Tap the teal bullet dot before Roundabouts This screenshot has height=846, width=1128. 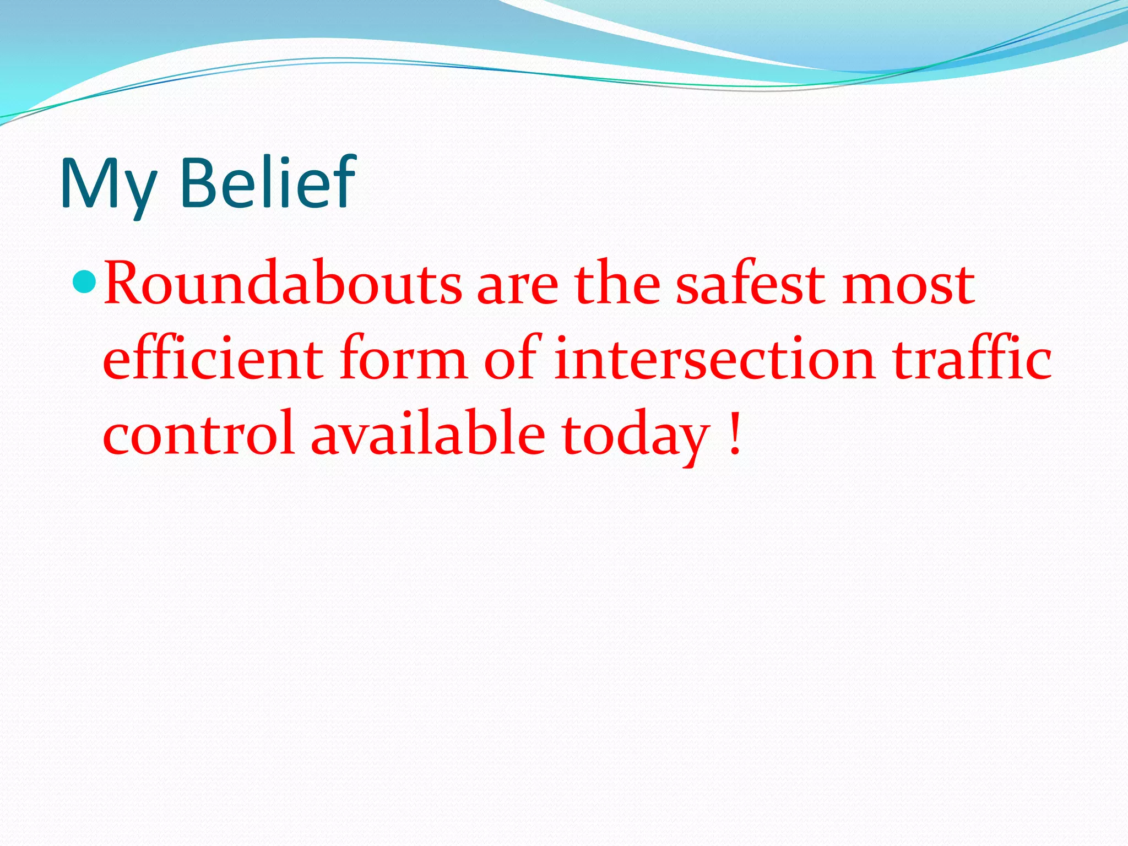point(85,282)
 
